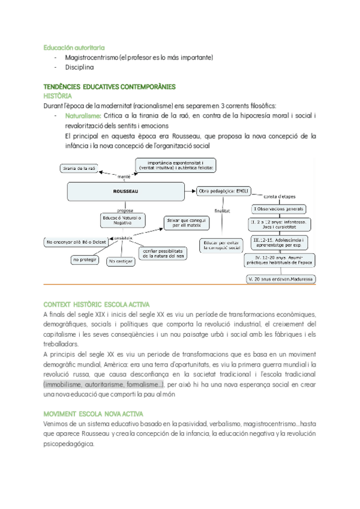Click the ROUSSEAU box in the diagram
point(125,191)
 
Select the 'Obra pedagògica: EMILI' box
point(223,191)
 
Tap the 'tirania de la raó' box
point(79,169)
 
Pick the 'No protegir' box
point(85,259)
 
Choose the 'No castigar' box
point(121,262)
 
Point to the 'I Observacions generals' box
point(278,209)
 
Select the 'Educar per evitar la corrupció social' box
point(221,245)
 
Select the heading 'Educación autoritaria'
point(74,46)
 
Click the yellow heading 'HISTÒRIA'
point(58,95)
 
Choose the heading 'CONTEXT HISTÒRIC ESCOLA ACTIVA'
point(97,304)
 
